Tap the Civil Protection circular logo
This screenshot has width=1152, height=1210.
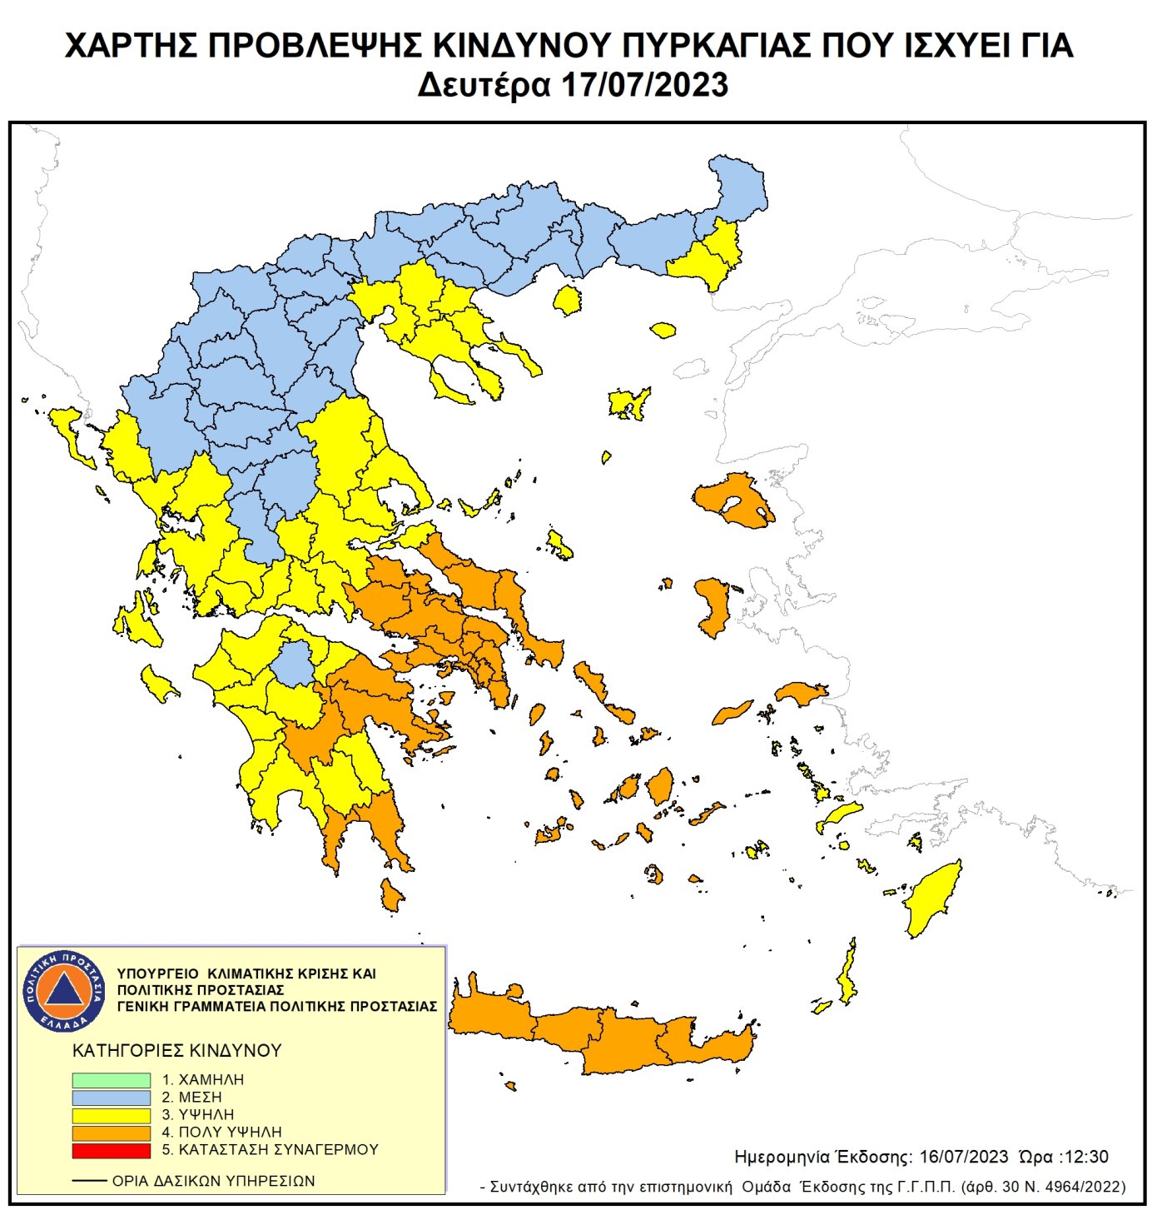64,990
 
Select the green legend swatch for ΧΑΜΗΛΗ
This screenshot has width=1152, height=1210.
111,1079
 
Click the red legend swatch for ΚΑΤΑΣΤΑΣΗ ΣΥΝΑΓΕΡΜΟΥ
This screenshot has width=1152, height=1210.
111,1150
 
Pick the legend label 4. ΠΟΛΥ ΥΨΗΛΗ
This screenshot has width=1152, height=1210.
221,1133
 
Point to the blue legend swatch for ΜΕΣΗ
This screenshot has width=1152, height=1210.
111,1098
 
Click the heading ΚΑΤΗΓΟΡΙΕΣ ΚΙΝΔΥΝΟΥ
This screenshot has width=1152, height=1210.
177,1051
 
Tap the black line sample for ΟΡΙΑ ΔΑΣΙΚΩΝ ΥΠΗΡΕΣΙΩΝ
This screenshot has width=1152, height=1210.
89,1181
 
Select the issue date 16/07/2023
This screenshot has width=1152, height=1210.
964,1157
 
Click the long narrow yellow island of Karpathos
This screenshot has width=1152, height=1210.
847,974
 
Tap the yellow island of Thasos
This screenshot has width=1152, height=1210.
568,300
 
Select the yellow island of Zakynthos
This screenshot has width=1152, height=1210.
158,684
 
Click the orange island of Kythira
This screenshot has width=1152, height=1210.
390,895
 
